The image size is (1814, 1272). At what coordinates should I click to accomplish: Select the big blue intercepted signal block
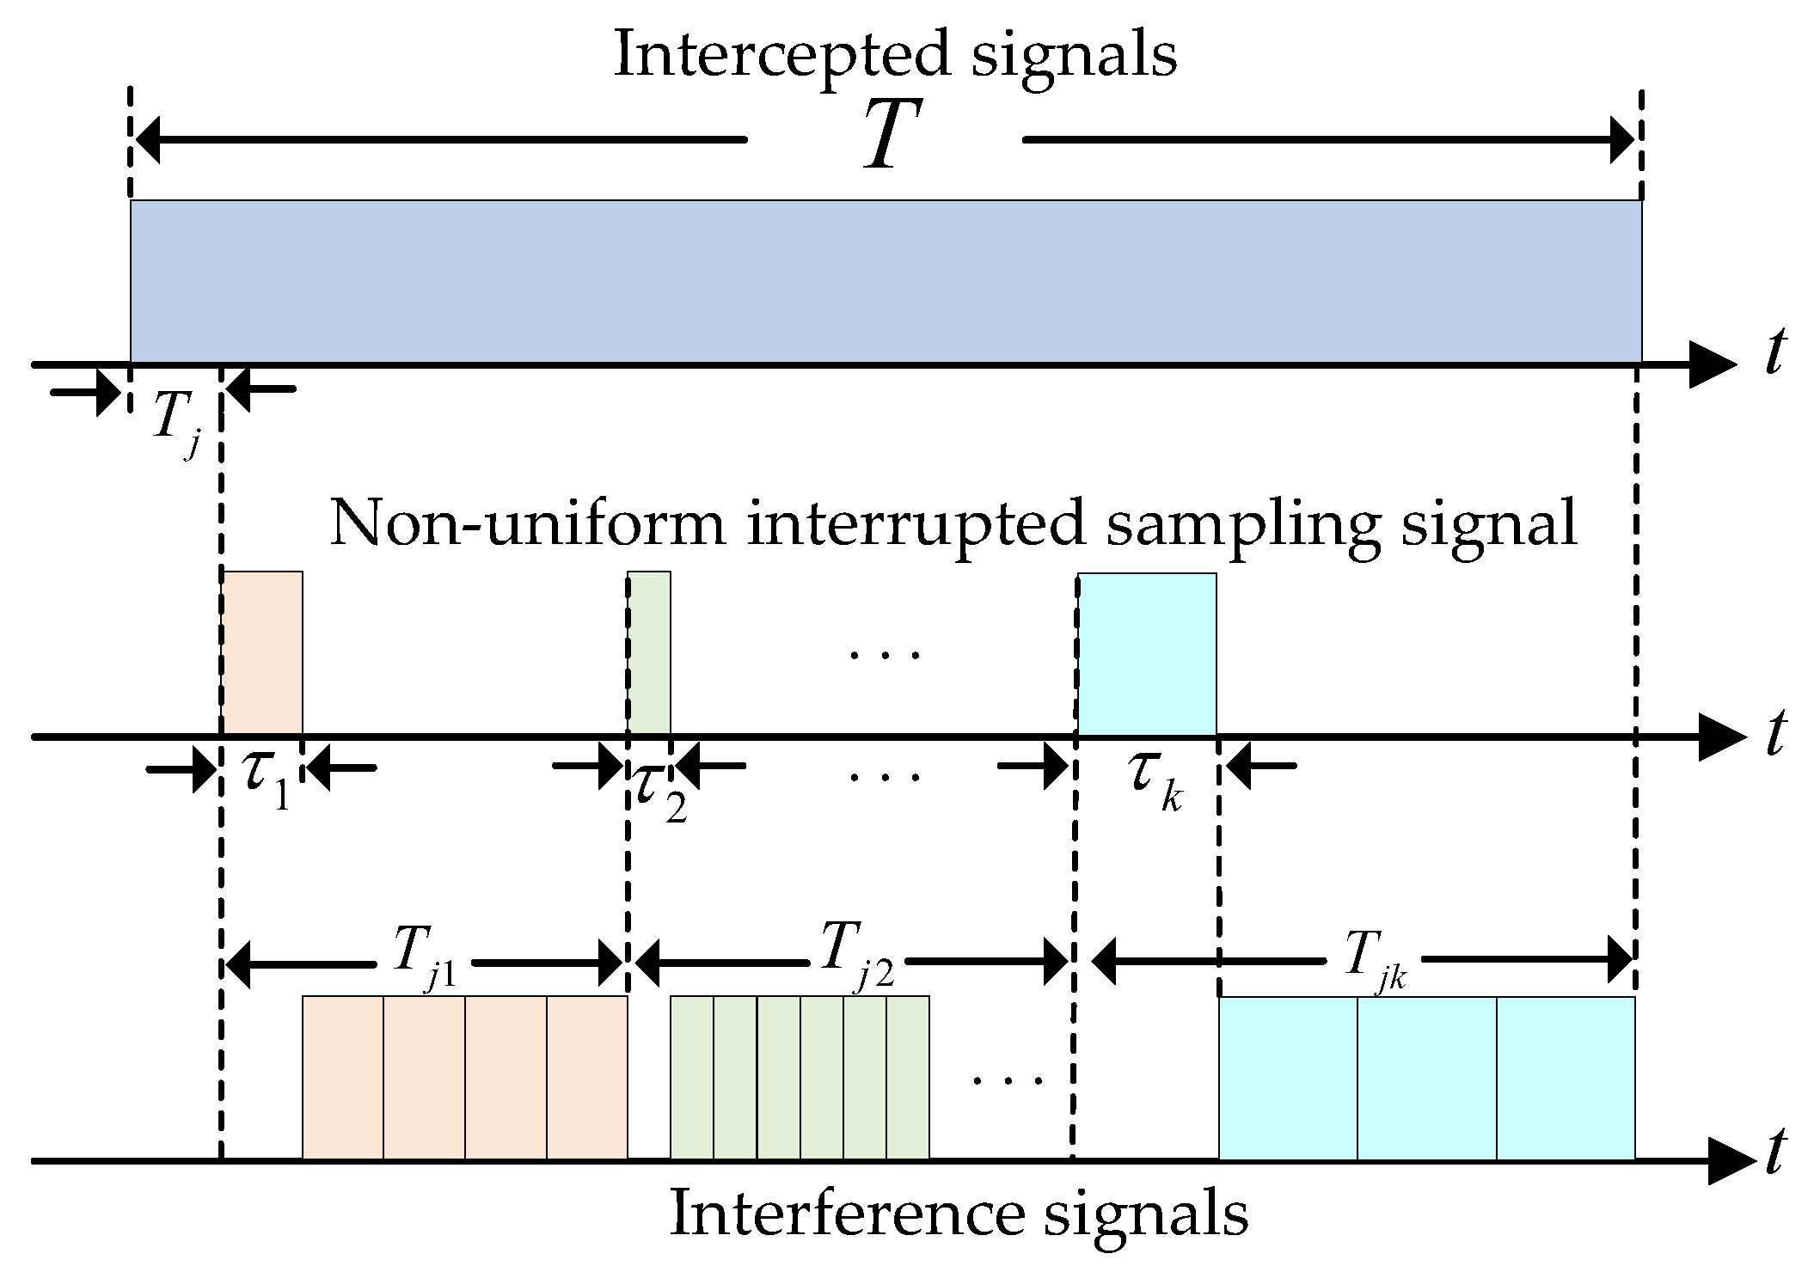[886, 281]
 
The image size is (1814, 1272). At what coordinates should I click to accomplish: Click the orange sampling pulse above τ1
[263, 653]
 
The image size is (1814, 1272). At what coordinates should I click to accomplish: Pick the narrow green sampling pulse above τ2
[649, 653]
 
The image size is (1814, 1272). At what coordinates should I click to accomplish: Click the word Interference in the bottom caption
[846, 1214]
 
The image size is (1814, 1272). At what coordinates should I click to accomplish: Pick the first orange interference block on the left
[343, 1078]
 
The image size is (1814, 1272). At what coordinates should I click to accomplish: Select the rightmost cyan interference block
[1565, 1078]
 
